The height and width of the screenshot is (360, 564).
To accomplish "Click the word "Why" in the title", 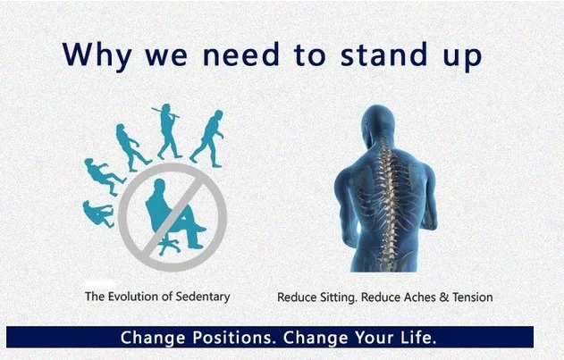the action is [97, 55].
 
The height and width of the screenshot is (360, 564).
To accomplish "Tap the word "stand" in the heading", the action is [383, 54].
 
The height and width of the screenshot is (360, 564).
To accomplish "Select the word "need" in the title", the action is [241, 54].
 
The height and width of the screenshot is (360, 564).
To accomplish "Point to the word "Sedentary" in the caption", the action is [203, 297].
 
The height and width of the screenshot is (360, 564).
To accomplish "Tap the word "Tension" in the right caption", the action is [472, 297].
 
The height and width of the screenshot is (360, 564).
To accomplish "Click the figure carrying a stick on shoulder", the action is [166, 131].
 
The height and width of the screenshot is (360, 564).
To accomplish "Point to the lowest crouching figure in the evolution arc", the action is [97, 213].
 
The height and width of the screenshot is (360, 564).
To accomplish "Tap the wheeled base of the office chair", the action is [168, 246].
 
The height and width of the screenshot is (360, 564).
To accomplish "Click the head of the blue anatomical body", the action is [376, 122].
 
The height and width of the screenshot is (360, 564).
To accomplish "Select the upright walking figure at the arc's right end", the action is [207, 138].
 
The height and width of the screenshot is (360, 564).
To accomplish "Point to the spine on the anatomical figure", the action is [387, 201].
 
